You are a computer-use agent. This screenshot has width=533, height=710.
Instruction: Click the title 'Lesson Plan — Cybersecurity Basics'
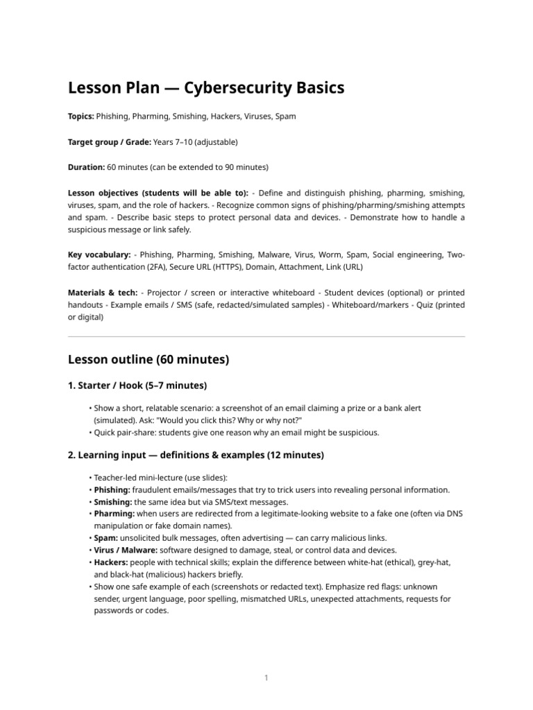[205, 88]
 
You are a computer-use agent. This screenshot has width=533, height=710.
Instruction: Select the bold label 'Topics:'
[81, 116]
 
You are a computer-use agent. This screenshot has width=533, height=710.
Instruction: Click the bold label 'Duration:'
[86, 167]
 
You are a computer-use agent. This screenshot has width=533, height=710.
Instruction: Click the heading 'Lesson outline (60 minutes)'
[148, 359]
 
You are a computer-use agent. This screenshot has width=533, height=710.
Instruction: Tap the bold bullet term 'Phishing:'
[112, 490]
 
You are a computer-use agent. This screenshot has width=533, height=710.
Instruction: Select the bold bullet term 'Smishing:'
[112, 501]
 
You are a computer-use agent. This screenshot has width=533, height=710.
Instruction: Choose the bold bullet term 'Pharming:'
[113, 514]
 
